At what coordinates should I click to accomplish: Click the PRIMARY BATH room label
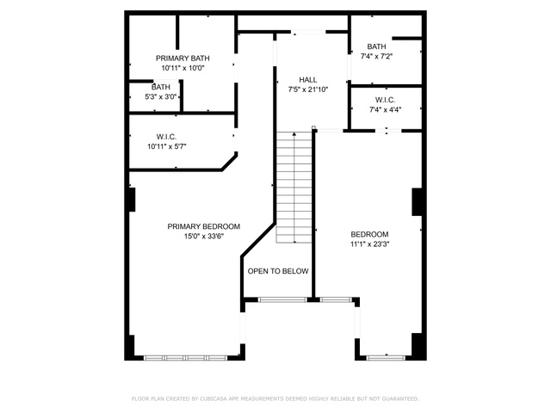coord(183,58)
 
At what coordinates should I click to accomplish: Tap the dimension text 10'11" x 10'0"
coord(183,68)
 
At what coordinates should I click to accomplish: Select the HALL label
coord(308,80)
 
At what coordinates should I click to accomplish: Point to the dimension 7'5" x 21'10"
coord(308,89)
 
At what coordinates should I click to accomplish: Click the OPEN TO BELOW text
coord(278,271)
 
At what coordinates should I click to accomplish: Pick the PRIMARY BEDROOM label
coord(204,226)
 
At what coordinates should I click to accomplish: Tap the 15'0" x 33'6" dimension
coord(204,237)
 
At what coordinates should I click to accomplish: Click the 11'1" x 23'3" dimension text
coord(369,244)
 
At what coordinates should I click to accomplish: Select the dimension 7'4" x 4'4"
coord(385,109)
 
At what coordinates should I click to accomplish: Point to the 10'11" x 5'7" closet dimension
coord(166,146)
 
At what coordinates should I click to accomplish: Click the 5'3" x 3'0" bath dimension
coord(161,96)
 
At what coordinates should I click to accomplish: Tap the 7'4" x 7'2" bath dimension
coord(376,56)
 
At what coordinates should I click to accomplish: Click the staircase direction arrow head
coord(294,134)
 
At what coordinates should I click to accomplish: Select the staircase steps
coord(294,188)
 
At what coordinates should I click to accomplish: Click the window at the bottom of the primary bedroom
coord(186,358)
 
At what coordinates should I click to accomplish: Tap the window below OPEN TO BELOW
coord(282,299)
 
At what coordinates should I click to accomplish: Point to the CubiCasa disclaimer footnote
coord(275,398)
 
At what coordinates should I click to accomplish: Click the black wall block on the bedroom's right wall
coord(417,202)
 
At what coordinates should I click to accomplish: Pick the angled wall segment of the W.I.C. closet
coord(229,162)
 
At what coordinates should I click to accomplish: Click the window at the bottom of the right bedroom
coord(386,358)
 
